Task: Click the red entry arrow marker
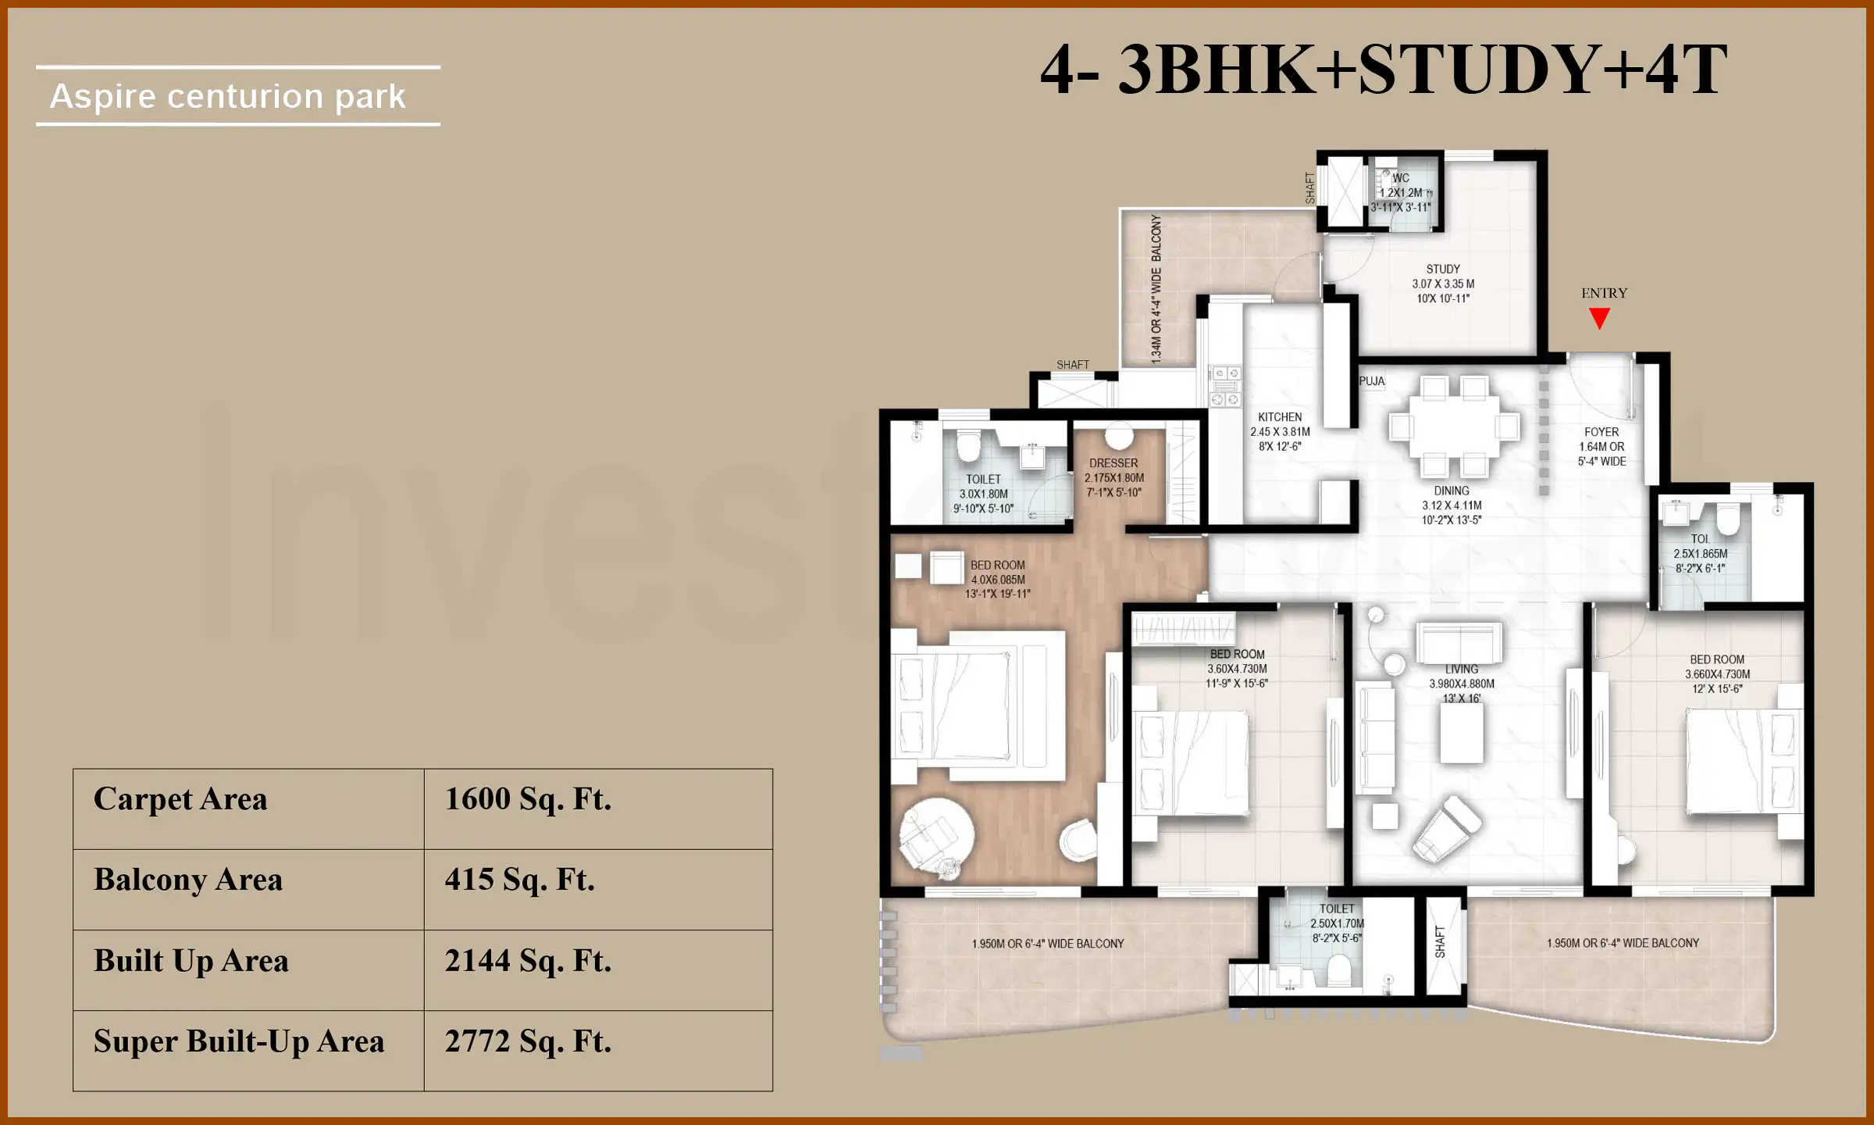[x=1599, y=318]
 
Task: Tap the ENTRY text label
[x=1604, y=294]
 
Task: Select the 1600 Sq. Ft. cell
[x=528, y=800]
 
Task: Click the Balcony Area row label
[x=188, y=880]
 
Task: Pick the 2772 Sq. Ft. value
[x=528, y=1042]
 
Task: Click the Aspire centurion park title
[x=228, y=97]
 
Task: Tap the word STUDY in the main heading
[x=1478, y=70]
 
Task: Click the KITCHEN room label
[x=1280, y=417]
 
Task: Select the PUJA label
[x=1372, y=381]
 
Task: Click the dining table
[x=1454, y=427]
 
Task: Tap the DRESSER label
[x=1113, y=463]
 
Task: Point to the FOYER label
[x=1601, y=432]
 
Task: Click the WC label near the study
[x=1401, y=178]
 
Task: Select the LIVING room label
[x=1461, y=670]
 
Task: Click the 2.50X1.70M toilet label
[x=1337, y=923]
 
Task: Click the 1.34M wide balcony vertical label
[x=1156, y=289]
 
